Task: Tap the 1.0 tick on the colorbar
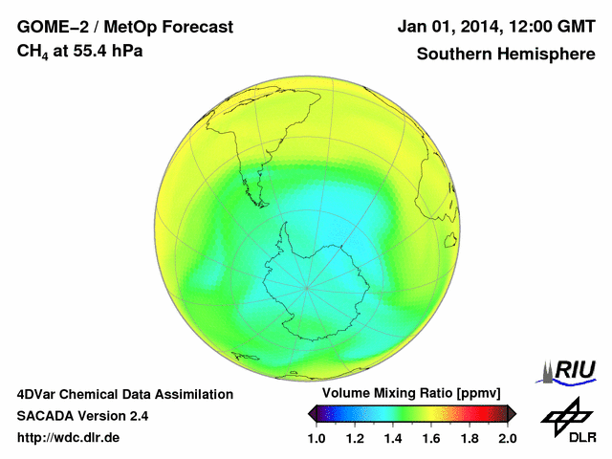(x=317, y=438)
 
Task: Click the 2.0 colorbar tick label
(x=507, y=438)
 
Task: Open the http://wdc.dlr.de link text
(x=69, y=438)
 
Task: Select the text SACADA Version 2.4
(x=82, y=416)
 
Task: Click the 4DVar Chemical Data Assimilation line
(x=124, y=394)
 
